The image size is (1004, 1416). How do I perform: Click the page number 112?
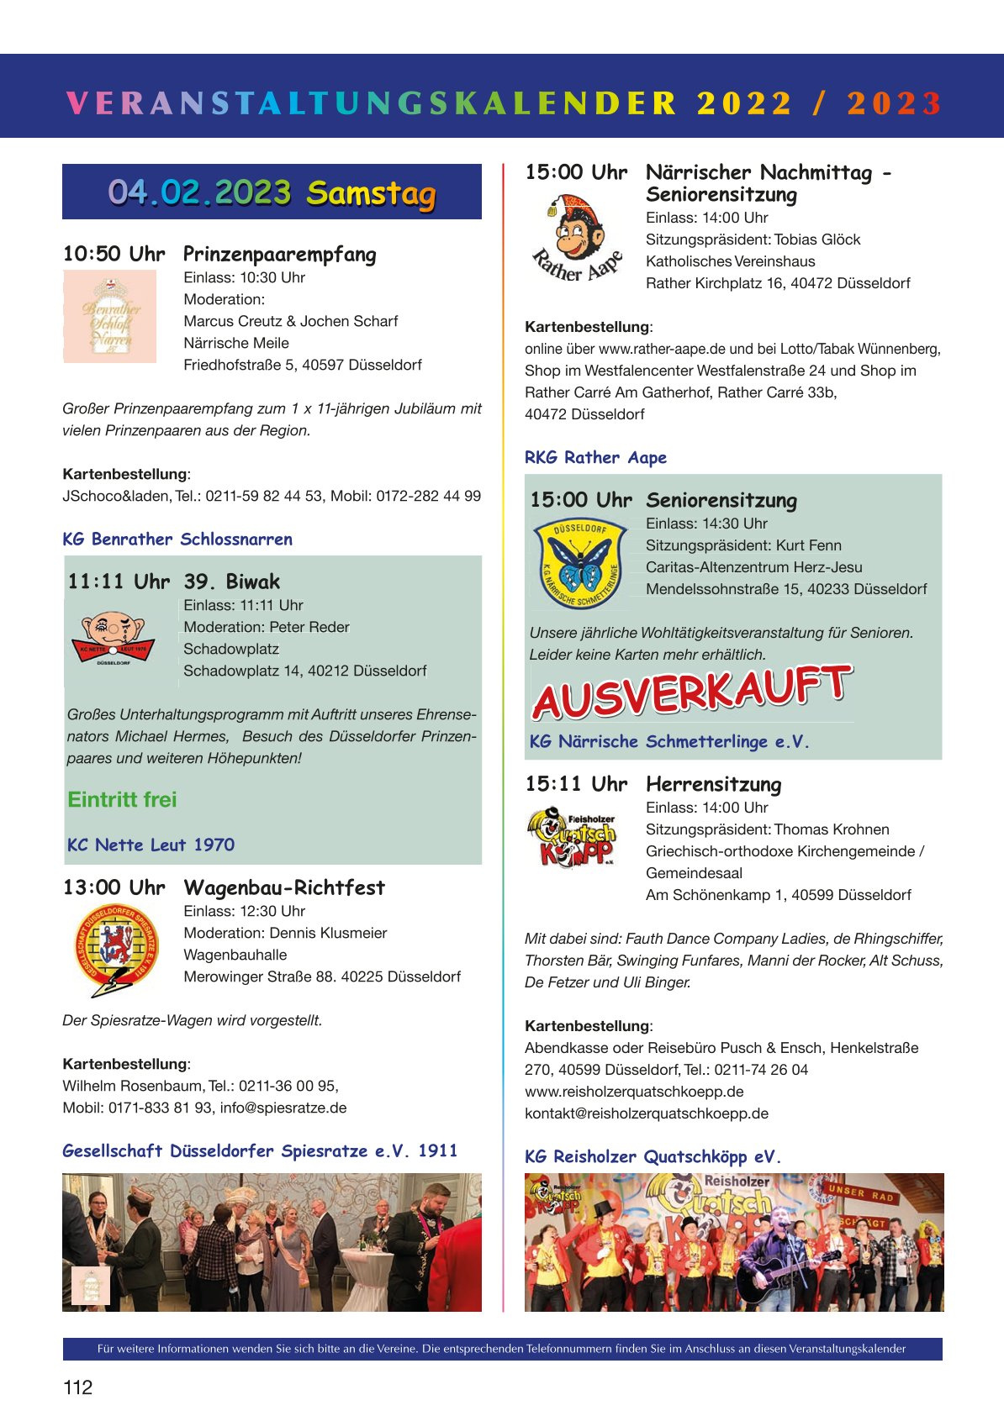pos(77,1387)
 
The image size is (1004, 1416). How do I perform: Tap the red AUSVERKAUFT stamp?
pos(692,692)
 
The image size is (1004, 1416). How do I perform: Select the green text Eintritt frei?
pos(122,799)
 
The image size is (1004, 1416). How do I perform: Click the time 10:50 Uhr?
pos(114,255)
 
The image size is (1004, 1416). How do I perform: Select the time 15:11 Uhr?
pos(576,785)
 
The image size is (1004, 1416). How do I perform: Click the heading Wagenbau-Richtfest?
pos(284,888)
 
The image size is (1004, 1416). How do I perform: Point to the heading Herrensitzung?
pos(713,785)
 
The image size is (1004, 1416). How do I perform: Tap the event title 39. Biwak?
pos(232,582)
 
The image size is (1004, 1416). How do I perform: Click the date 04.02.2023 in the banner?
pos(199,192)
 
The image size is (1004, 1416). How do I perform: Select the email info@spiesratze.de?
pos(283,1108)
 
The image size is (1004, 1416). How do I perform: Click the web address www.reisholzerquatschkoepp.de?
pos(634,1092)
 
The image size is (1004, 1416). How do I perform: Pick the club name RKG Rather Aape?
pos(595,458)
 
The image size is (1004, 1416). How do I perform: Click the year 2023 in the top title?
pos(894,103)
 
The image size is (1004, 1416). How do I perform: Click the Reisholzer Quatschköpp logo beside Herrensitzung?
pos(572,836)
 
